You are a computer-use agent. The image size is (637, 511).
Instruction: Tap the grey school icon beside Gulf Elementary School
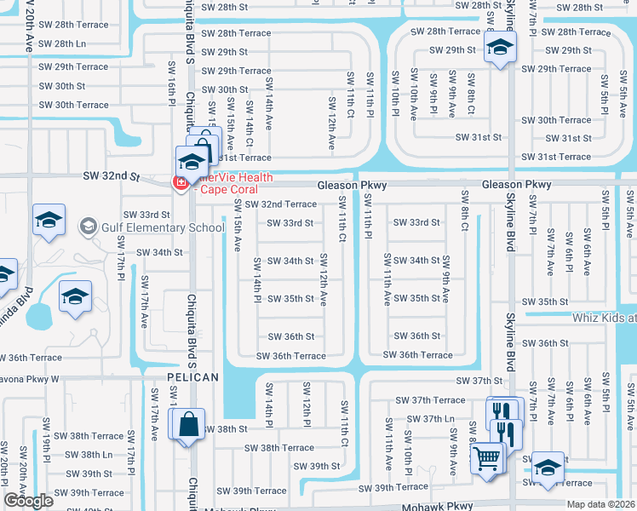click(x=88, y=227)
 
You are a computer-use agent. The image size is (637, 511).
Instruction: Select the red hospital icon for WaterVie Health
click(x=181, y=182)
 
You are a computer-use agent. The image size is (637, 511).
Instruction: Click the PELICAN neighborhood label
click(x=192, y=376)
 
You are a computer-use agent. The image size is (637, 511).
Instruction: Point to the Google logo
click(x=28, y=501)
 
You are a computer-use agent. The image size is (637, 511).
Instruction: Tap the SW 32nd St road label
click(x=111, y=175)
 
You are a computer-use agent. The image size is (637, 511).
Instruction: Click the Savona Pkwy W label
click(x=29, y=378)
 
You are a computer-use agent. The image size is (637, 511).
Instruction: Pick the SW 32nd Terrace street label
click(x=280, y=204)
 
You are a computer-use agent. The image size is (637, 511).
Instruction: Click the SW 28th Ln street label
click(x=62, y=43)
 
